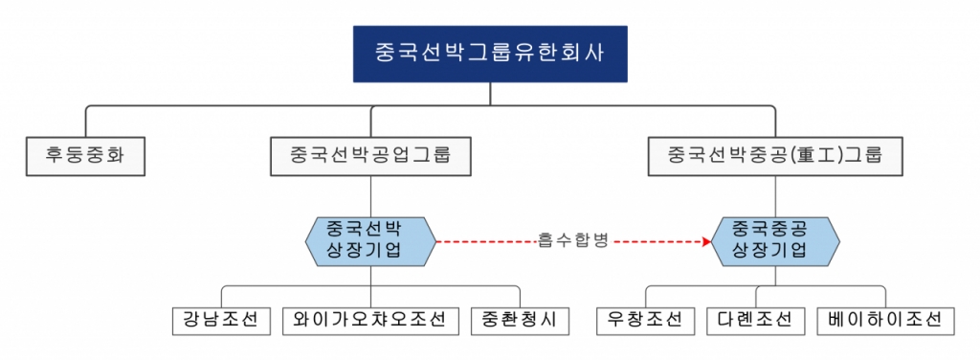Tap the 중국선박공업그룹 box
click(x=370, y=155)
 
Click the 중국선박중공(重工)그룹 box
click(x=774, y=155)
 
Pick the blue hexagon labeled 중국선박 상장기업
click(x=370, y=241)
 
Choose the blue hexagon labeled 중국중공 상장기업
click(x=776, y=241)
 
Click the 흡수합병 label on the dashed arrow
click(x=573, y=241)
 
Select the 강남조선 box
click(x=221, y=320)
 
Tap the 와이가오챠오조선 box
click(x=370, y=320)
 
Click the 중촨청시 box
click(x=520, y=320)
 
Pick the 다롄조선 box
click(x=756, y=320)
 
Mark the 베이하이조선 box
click(x=885, y=320)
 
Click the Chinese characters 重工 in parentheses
click(x=802, y=155)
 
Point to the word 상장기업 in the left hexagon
click(x=370, y=253)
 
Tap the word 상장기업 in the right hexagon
click(x=776, y=253)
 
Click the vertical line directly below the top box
click(x=490, y=93)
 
